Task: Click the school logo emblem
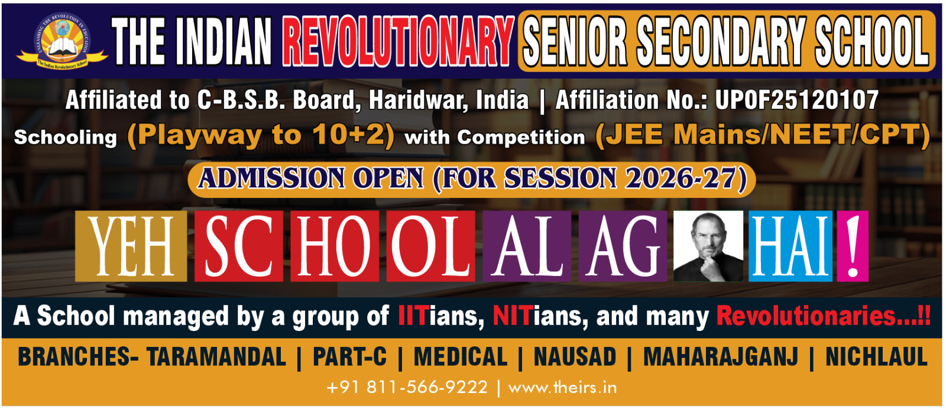(61, 41)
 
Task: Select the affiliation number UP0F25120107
(796, 100)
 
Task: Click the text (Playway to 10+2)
(261, 136)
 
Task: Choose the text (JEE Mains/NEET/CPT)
(762, 136)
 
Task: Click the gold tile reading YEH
(131, 246)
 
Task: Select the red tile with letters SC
(239, 246)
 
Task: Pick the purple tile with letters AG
(623, 246)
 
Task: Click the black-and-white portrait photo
(708, 246)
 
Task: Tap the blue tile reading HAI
(791, 246)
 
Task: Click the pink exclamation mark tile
(853, 246)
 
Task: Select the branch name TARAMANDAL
(216, 356)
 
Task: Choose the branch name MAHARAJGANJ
(721, 356)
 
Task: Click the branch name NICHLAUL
(877, 356)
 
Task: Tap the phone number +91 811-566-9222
(407, 388)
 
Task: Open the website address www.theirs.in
(562, 388)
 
